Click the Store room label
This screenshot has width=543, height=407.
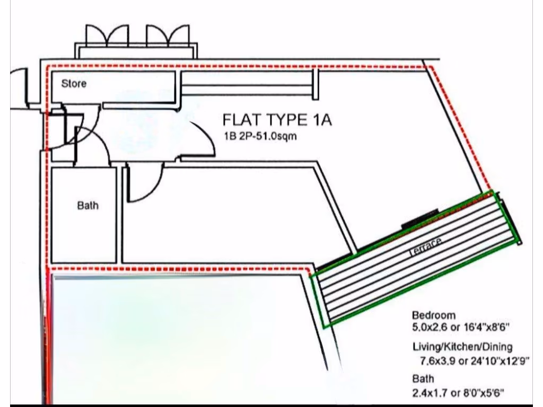pyautogui.click(x=74, y=84)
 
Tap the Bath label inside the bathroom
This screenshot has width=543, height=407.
pyautogui.click(x=87, y=206)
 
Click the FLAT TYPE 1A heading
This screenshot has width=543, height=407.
pyautogui.click(x=277, y=120)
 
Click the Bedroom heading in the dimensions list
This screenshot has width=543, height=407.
pyautogui.click(x=434, y=315)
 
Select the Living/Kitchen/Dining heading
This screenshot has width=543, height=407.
pyautogui.click(x=462, y=347)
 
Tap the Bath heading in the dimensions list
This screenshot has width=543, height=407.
pyautogui.click(x=423, y=378)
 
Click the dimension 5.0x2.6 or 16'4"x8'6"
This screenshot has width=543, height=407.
pyautogui.click(x=461, y=328)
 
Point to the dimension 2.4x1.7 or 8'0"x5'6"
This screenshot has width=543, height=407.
pyautogui.click(x=458, y=393)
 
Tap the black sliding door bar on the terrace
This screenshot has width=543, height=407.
pyautogui.click(x=420, y=218)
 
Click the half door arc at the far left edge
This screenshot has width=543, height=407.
pyautogui.click(x=19, y=87)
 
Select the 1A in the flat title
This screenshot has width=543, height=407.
pyautogui.click(x=321, y=120)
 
